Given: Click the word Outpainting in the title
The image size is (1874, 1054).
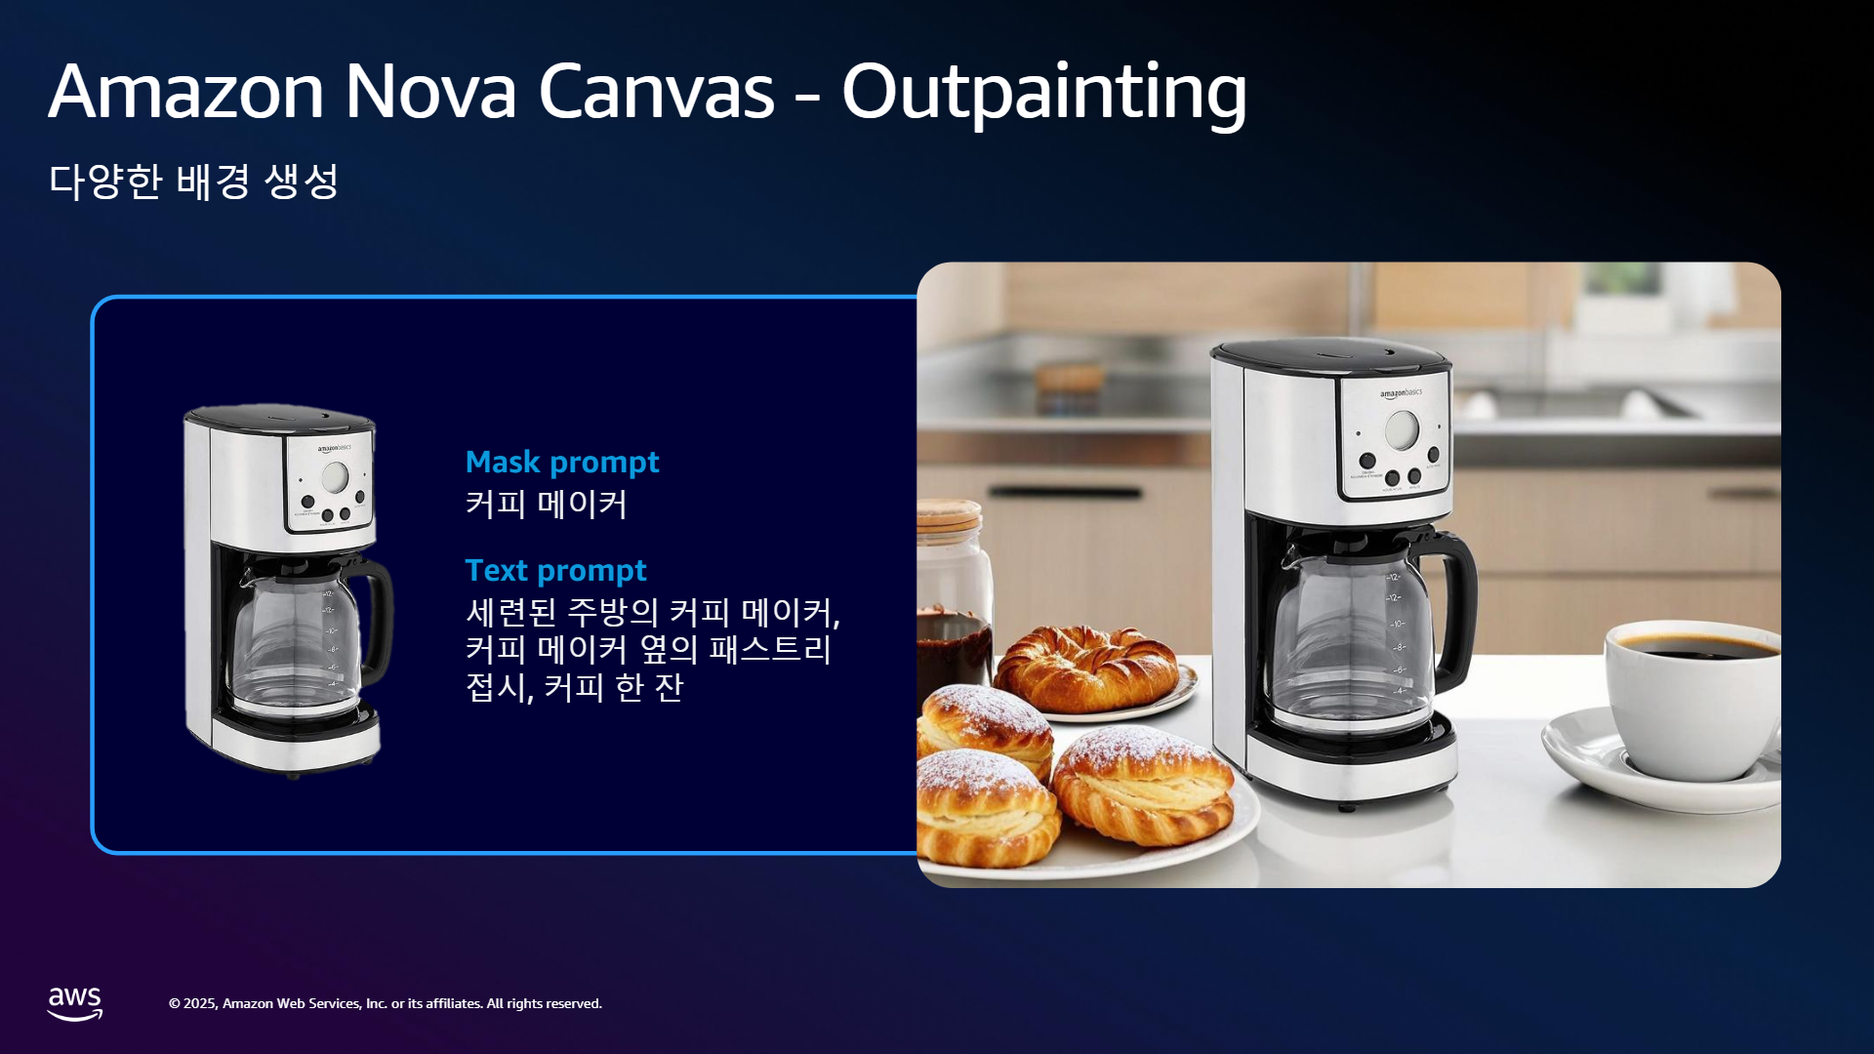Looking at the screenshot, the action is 1044,93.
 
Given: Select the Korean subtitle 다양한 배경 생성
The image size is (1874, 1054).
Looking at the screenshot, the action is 193,182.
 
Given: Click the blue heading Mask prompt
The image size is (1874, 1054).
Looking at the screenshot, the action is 562,462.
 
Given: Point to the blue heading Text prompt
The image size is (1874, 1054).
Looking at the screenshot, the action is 555,570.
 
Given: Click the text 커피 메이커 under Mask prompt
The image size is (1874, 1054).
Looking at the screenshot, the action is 546,505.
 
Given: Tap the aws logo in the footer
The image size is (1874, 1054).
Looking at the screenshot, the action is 75,1003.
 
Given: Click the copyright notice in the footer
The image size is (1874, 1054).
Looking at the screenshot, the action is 386,1003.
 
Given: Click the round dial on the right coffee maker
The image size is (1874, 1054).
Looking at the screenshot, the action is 1403,429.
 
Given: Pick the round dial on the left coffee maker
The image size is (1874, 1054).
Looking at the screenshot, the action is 335,477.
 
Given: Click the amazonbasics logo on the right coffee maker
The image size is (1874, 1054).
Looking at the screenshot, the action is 1401,393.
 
